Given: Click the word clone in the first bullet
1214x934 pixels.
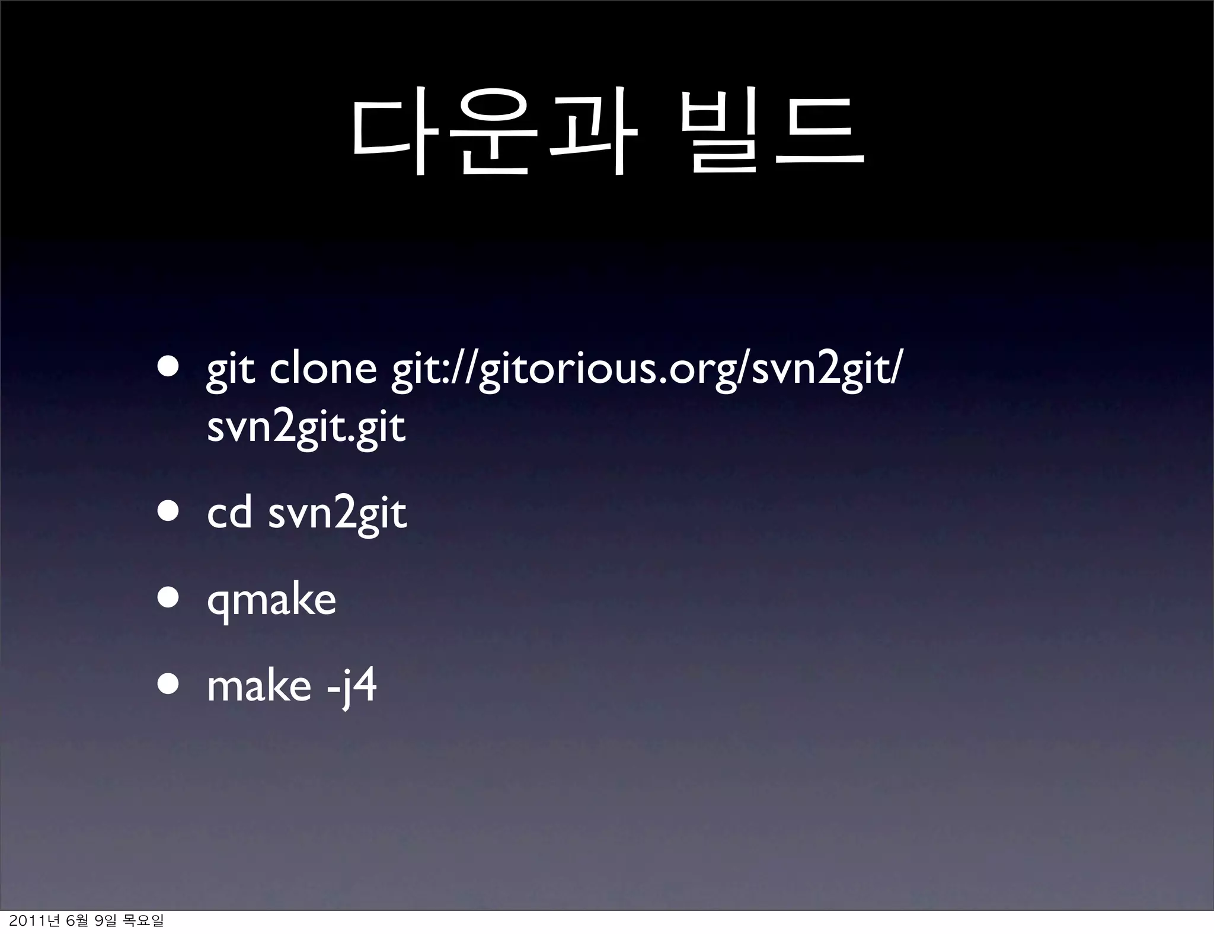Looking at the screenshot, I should click(323, 369).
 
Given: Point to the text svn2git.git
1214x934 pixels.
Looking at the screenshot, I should click(306, 428).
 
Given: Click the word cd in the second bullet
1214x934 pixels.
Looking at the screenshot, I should click(229, 513).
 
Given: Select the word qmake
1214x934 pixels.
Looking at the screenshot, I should click(271, 601).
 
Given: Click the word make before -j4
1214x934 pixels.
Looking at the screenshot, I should click(258, 686).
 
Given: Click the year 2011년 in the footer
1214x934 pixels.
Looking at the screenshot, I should click(30, 920).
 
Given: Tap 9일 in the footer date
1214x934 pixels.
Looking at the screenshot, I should click(107, 920).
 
